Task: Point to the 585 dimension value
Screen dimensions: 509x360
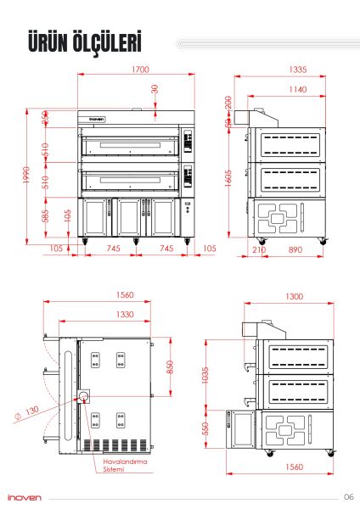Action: (45, 216)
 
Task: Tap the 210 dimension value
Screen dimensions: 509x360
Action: (259, 250)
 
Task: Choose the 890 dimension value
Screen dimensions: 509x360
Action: (295, 250)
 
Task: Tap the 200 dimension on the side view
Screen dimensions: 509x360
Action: (228, 102)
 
